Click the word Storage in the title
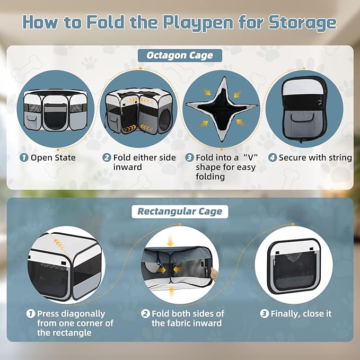[x=303, y=22]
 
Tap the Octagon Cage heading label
[x=180, y=55]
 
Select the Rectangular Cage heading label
[x=180, y=212]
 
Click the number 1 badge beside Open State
[x=24, y=157]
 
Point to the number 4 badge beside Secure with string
[x=273, y=157]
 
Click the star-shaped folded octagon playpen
[x=222, y=109]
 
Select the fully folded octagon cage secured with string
[x=304, y=109]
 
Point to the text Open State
[x=53, y=157]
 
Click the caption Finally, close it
[x=301, y=314]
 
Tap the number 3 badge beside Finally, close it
[x=264, y=314]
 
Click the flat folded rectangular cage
[x=295, y=266]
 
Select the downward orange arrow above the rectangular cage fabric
[x=170, y=240]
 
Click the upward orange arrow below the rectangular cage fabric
[x=171, y=293]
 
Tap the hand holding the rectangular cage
[x=214, y=275]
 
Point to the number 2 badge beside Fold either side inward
[x=107, y=157]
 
